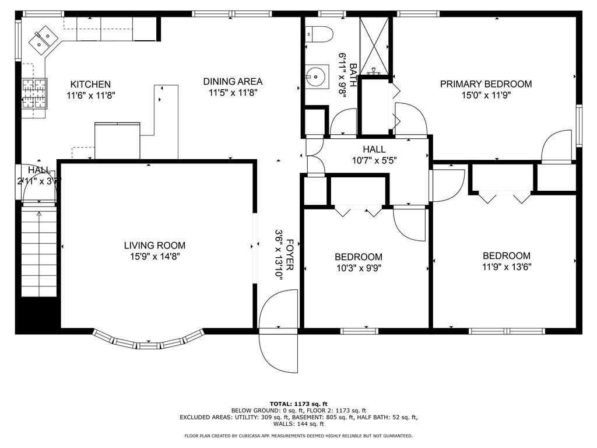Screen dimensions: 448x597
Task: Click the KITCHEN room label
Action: [x=90, y=84]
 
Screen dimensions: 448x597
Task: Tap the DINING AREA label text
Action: [x=233, y=81]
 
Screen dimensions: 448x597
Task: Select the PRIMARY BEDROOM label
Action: [x=486, y=84]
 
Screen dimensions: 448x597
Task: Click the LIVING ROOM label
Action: [x=154, y=246]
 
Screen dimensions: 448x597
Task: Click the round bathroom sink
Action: [x=315, y=76]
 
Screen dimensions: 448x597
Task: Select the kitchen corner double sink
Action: [x=43, y=40]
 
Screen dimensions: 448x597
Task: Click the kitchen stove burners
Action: [x=33, y=94]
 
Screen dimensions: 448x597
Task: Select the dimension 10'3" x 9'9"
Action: [x=359, y=268]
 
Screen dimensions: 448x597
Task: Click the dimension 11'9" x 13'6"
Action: [x=507, y=267]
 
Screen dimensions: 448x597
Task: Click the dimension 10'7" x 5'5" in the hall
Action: [x=374, y=160]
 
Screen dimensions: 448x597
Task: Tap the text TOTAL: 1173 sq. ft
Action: [x=298, y=404]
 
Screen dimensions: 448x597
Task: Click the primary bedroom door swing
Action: [x=557, y=147]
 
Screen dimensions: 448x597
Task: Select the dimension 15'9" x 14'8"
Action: [x=154, y=257]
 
